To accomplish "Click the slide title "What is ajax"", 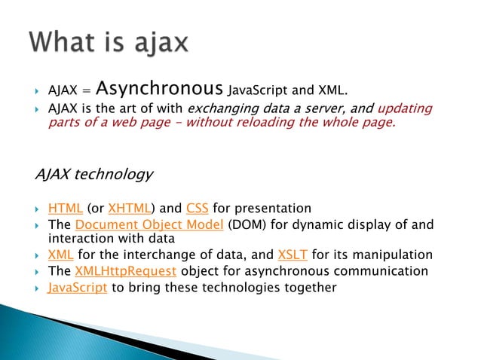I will point(109,42).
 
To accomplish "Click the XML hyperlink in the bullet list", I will point(60,255).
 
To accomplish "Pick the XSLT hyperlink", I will point(293,255).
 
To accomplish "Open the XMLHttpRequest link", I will point(126,271).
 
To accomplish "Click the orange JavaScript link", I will point(78,288).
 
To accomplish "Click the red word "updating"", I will point(405,109).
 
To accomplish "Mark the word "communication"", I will point(379,271).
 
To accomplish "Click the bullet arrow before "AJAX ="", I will point(37,92).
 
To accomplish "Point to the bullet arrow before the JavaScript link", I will point(37,288).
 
